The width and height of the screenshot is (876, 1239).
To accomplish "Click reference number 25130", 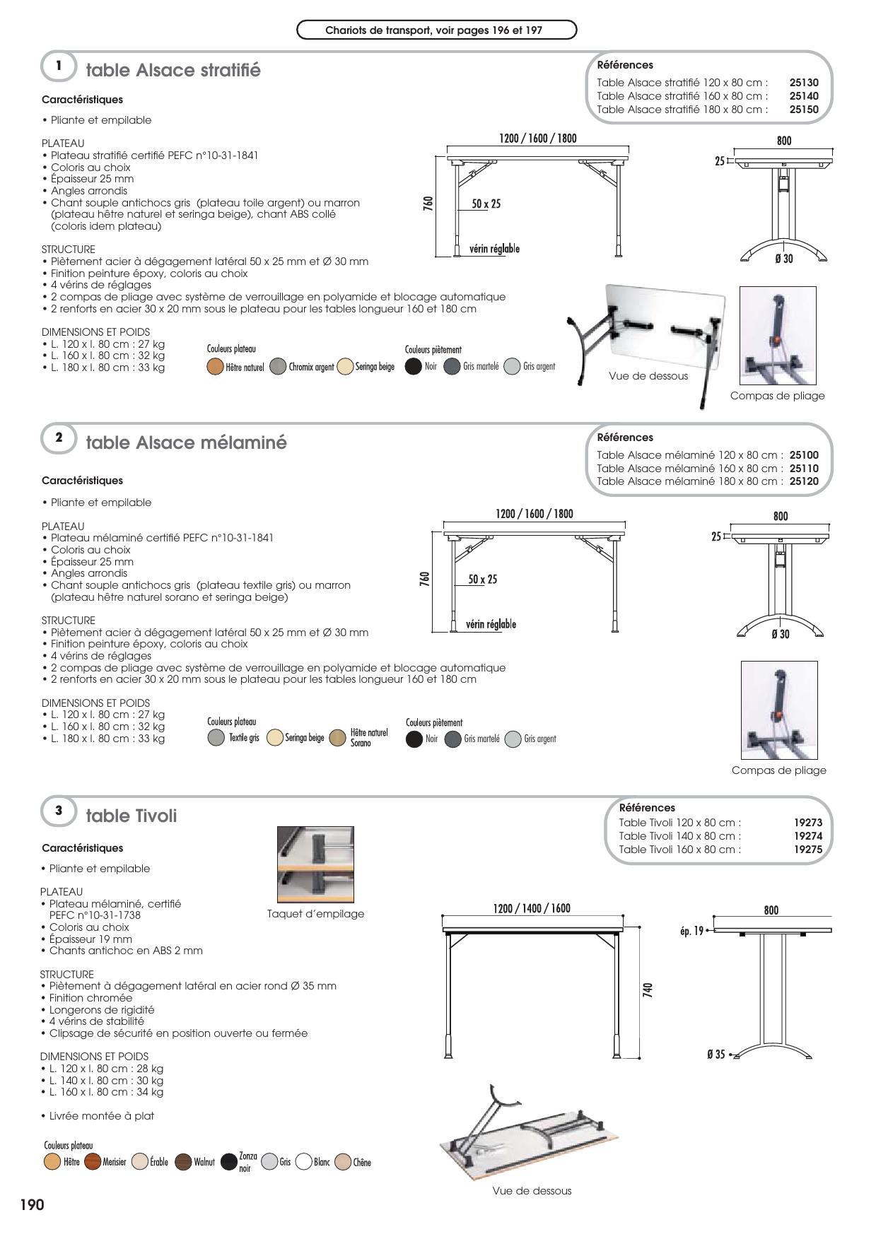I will click(x=803, y=83).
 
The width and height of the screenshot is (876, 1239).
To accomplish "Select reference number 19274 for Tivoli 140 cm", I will click(x=807, y=836).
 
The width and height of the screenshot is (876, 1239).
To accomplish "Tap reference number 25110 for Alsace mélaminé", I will click(x=803, y=469).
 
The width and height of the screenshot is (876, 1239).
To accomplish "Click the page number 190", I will click(x=32, y=1204).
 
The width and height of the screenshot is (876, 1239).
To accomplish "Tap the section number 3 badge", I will click(x=59, y=811).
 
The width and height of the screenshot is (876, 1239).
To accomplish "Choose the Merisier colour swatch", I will click(x=93, y=1162).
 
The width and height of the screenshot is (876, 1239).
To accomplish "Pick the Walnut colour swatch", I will click(x=183, y=1162).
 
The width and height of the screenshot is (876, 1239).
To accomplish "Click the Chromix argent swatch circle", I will click(x=278, y=367).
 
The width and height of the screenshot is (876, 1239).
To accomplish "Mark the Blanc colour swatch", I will click(x=304, y=1162).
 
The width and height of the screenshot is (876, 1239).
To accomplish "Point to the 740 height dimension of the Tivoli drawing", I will click(x=647, y=990).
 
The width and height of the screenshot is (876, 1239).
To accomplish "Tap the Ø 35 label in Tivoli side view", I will click(x=716, y=1055).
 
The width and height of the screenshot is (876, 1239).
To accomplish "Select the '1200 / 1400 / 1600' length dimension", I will click(x=532, y=908).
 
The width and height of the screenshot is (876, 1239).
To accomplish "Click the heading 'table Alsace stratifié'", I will click(x=173, y=71).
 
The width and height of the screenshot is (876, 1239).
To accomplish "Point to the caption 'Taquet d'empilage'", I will click(x=315, y=914).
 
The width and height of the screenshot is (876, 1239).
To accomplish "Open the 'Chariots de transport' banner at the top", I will click(x=436, y=30).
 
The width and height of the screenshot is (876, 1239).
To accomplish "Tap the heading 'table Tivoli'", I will click(x=132, y=816).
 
